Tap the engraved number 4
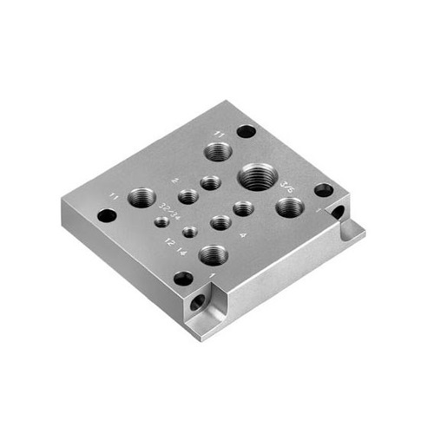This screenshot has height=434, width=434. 242,233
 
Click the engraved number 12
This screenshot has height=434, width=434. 168,241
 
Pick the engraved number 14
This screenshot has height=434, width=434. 181,250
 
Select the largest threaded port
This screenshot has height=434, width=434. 258,175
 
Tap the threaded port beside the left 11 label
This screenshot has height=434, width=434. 141,197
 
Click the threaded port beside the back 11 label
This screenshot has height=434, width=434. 219,153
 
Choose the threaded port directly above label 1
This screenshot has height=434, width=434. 213,254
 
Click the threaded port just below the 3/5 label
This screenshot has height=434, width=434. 289,207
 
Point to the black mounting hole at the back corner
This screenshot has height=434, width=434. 246,132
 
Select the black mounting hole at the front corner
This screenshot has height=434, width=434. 183,279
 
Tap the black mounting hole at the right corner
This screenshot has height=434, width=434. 323,190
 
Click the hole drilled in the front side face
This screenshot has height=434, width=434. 200,303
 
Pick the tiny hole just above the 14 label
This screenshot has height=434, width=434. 188,232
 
